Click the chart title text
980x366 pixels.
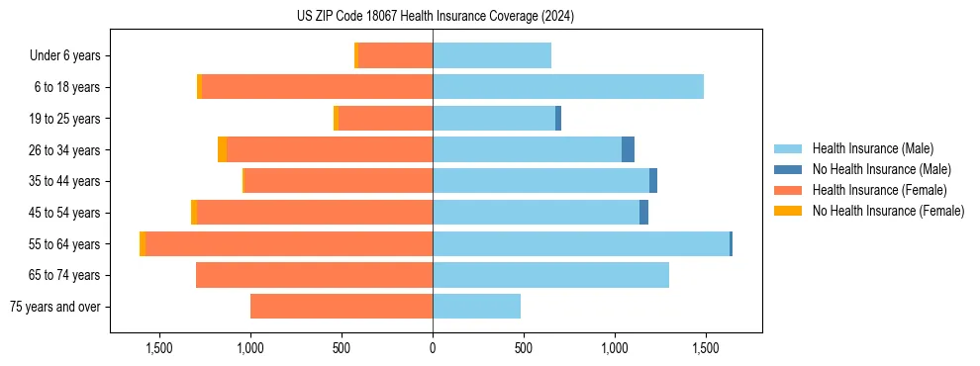point(436,17)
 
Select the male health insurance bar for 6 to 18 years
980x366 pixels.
point(568,87)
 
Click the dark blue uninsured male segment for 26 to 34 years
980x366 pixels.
point(628,149)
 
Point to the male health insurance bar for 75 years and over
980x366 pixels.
point(476,307)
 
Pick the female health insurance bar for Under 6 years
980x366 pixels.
point(395,55)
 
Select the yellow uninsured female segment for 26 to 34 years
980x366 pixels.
point(222,149)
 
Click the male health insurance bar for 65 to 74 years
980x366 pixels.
point(550,275)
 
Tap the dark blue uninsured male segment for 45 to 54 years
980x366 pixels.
point(643,213)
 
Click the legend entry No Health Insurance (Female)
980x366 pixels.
point(888,211)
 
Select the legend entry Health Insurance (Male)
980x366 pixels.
point(872,148)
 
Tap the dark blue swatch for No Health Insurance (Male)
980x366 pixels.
point(788,169)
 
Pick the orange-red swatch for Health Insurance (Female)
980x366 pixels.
point(788,190)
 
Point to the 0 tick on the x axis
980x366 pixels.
point(433,348)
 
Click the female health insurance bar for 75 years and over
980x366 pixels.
point(342,307)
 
